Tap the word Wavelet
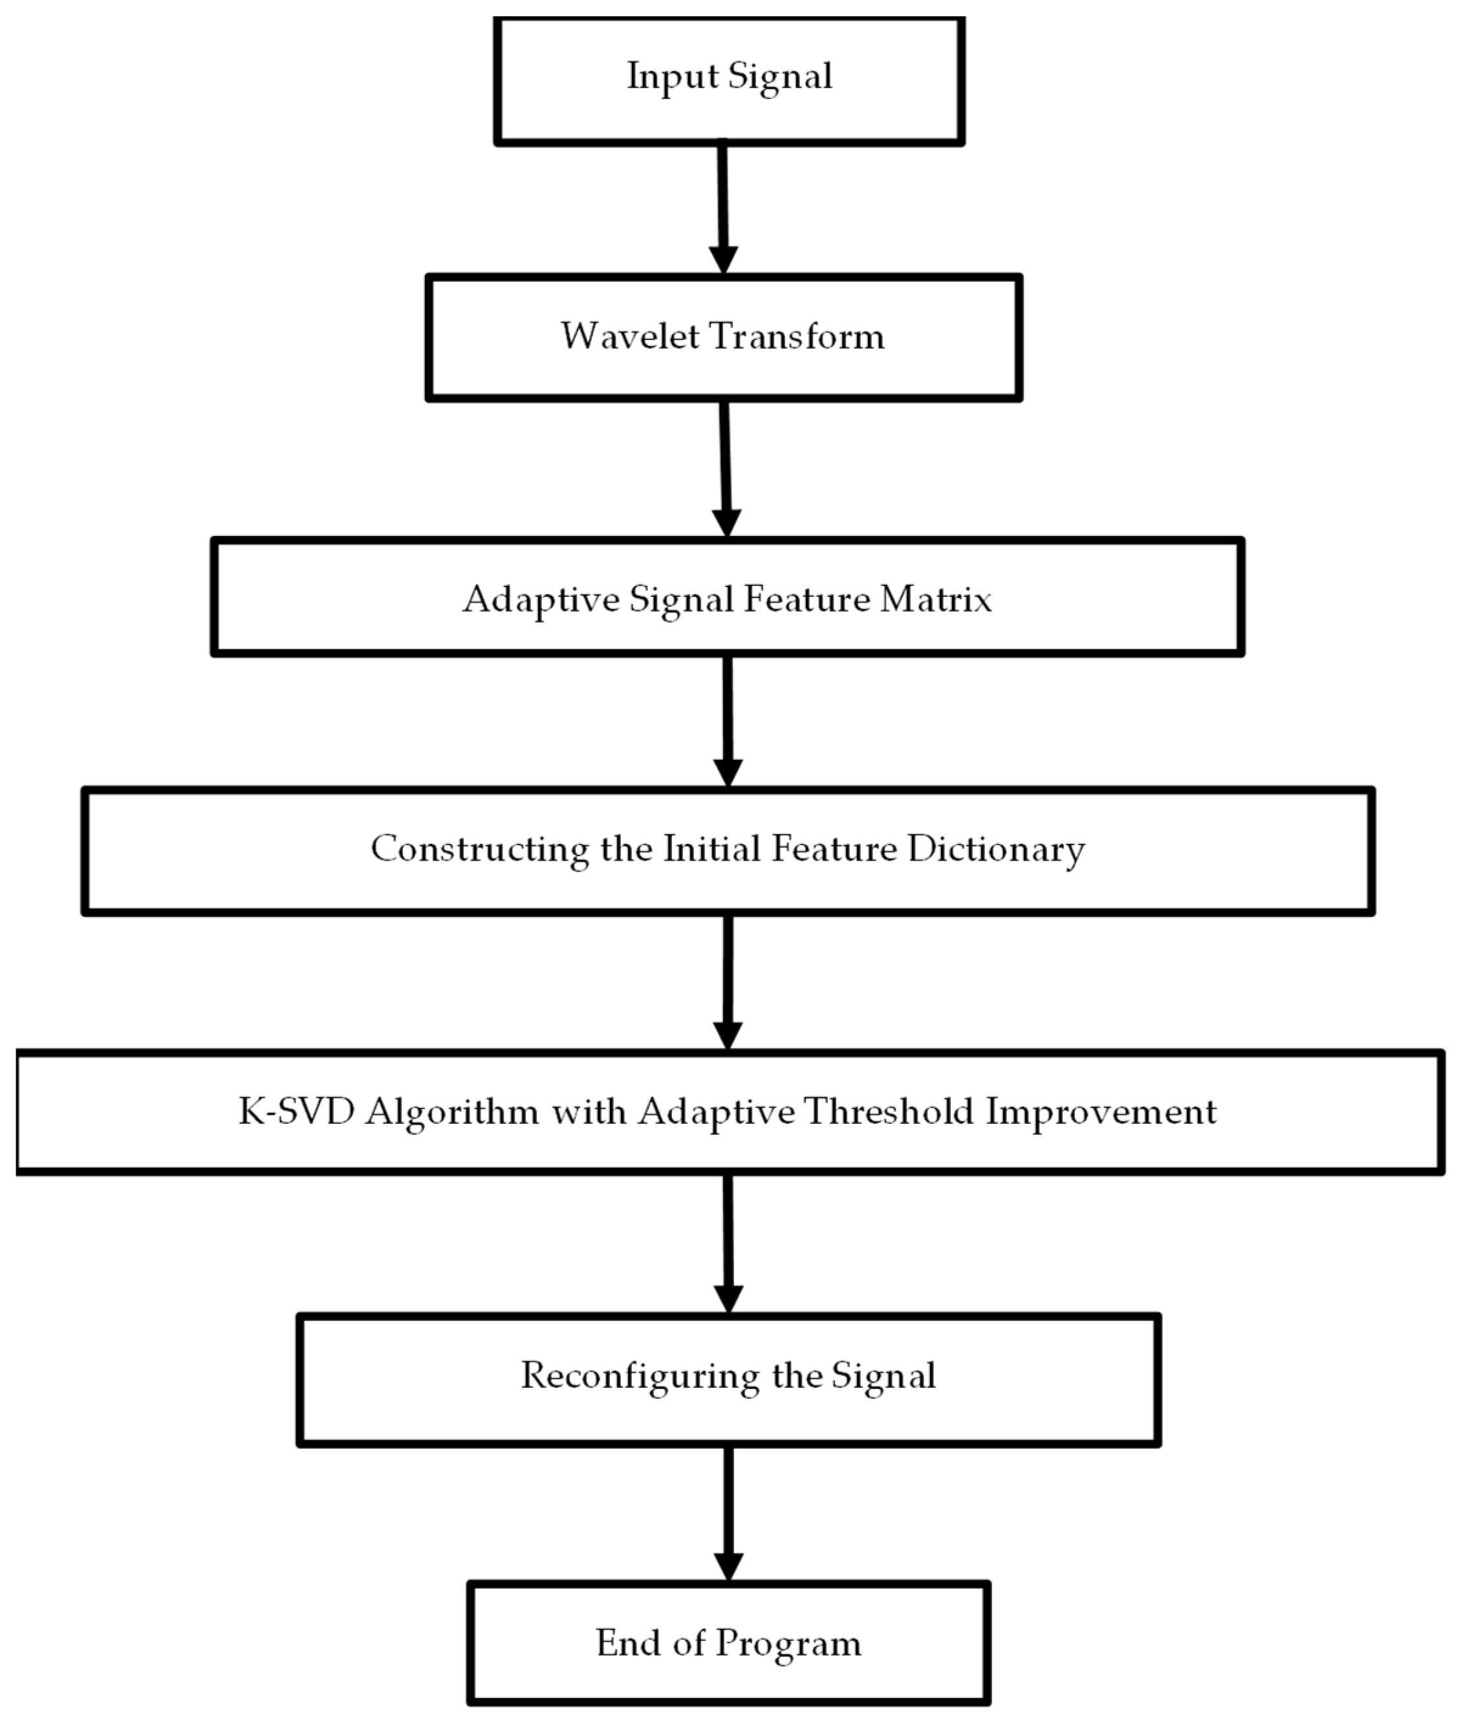(x=629, y=336)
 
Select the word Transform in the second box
(x=797, y=336)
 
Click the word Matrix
(x=935, y=599)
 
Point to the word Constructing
(x=479, y=850)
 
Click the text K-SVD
(x=296, y=1111)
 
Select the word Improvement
(x=1101, y=1111)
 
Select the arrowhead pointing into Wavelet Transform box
(x=723, y=259)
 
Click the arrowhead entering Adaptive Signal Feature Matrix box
(x=726, y=523)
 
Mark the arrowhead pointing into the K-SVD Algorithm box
(x=727, y=1035)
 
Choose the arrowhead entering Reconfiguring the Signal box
(x=728, y=1298)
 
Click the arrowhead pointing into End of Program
(x=728, y=1566)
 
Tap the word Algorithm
(x=452, y=1111)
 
